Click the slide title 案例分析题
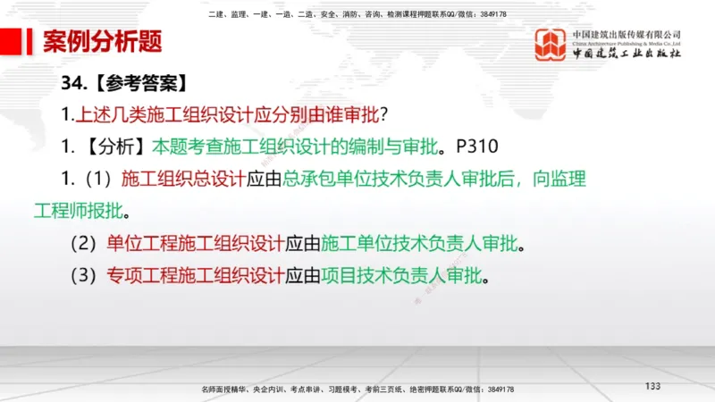pos(103,42)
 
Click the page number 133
pos(652,386)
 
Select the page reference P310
pos(475,146)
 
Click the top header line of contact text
pos(357,14)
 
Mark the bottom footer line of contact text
pos(357,389)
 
